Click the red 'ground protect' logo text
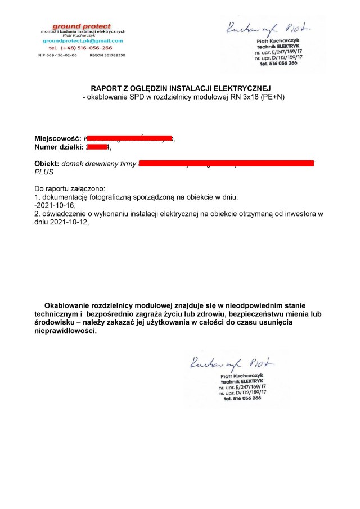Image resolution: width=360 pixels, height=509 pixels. click(82, 26)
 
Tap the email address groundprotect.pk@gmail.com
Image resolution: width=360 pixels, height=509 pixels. click(82, 41)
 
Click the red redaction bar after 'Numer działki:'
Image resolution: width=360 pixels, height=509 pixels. click(98, 147)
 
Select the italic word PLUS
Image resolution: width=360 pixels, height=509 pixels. click(44, 172)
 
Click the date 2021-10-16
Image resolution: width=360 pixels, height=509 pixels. click(55, 205)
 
